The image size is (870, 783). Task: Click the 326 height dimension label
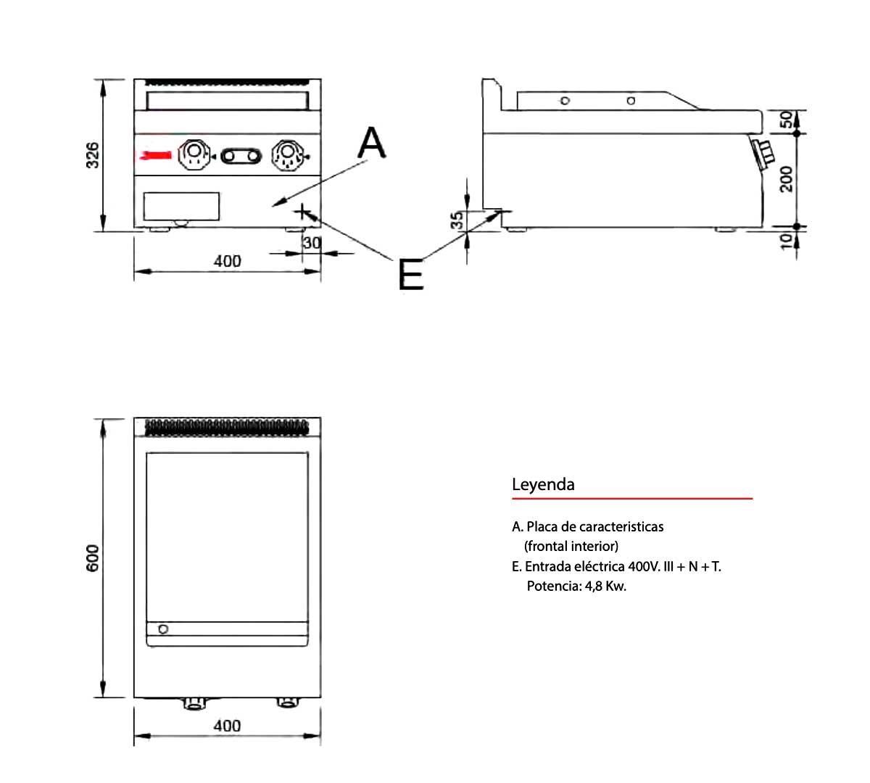click(93, 155)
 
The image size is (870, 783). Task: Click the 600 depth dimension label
click(93, 558)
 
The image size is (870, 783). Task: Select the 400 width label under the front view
click(227, 261)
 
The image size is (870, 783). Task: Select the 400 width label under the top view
click(227, 726)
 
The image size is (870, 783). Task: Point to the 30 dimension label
click(312, 243)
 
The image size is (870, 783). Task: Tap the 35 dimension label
click(457, 220)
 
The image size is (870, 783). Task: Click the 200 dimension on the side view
click(786, 179)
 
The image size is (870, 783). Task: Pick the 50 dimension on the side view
click(786, 120)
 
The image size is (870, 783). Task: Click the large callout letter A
click(372, 143)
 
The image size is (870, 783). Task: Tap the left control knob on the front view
click(194, 154)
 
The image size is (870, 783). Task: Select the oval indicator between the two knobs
click(241, 155)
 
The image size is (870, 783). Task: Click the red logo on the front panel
click(157, 154)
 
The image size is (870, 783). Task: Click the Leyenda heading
click(543, 484)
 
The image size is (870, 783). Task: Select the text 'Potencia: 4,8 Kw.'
click(576, 586)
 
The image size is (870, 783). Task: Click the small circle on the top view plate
click(163, 629)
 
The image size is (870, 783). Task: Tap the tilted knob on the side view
click(763, 153)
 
